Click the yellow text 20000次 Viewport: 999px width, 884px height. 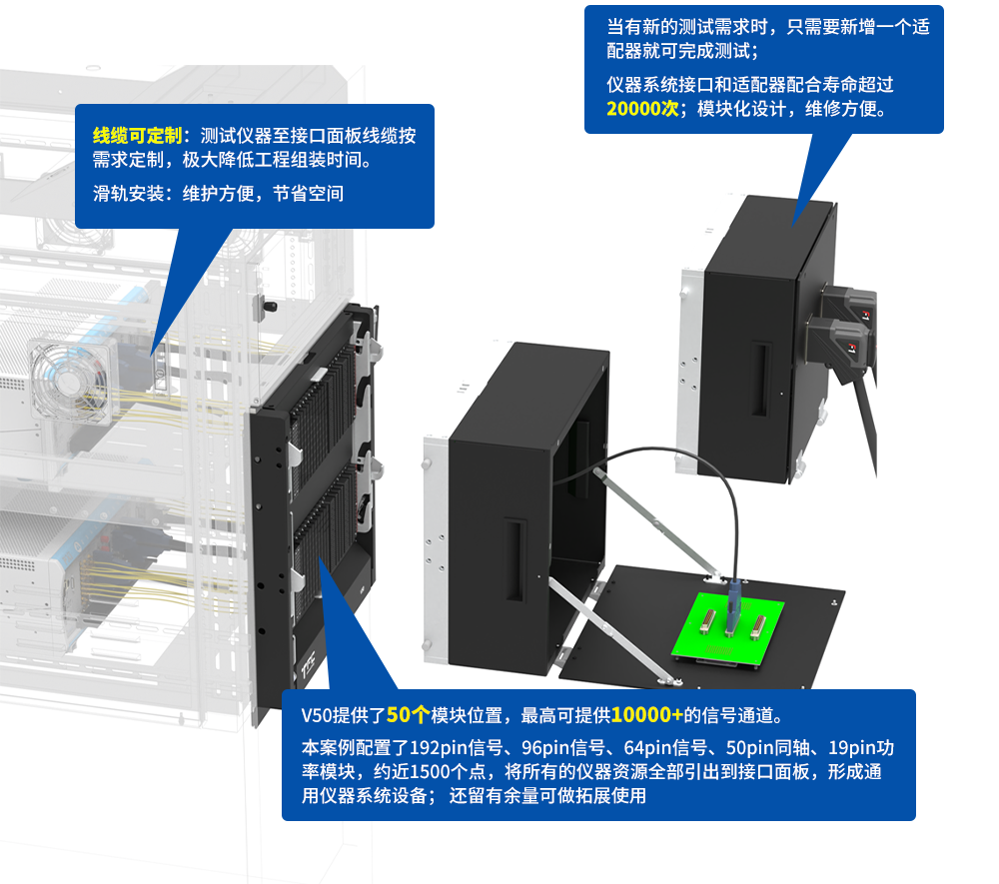(642, 109)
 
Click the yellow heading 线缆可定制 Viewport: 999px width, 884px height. (137, 136)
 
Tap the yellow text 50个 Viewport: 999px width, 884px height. (408, 715)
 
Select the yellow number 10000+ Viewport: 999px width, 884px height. (647, 715)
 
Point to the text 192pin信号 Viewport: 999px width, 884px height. (454, 746)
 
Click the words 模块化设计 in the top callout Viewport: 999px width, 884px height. (740, 109)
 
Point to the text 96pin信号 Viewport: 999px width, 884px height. (554, 746)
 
